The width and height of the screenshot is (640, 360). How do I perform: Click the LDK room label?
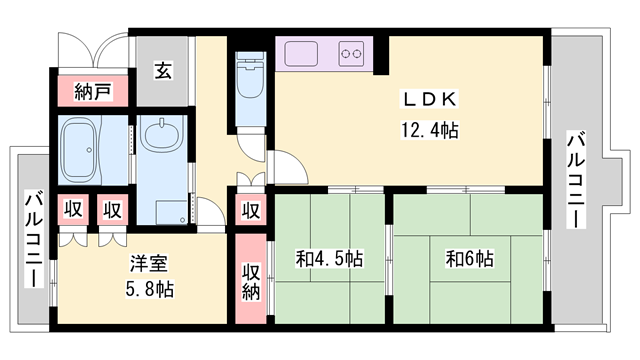[429, 99]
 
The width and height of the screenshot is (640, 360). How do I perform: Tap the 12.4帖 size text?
[429, 131]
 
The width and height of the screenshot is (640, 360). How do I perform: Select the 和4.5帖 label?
[329, 259]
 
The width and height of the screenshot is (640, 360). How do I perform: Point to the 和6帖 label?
[470, 259]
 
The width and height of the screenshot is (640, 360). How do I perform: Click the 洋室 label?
[149, 263]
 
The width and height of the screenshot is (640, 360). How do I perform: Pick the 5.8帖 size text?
[149, 289]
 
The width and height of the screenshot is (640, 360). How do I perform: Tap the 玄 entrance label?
[163, 70]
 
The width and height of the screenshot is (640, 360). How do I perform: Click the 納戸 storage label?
[93, 91]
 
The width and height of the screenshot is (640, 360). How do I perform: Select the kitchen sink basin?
[301, 53]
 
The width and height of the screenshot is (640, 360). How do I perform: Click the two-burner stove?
[351, 53]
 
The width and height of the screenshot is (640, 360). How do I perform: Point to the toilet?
[251, 77]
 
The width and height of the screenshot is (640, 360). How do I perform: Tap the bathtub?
[80, 150]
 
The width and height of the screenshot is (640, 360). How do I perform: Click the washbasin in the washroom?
[162, 134]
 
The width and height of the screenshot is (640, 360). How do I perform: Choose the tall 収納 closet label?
[251, 281]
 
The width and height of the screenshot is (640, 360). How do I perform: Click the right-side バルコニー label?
[576, 180]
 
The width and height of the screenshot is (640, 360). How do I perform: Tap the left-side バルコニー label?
[34, 239]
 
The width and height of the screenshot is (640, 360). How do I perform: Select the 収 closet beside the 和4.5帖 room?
[251, 211]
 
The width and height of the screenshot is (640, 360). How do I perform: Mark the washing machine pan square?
[171, 212]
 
